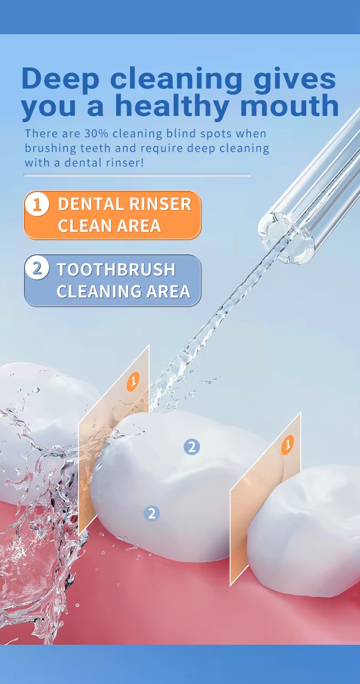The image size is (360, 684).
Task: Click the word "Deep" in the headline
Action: [x=61, y=78]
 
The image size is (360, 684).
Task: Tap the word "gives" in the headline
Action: [x=295, y=80]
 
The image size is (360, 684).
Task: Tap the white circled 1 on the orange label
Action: [x=37, y=204]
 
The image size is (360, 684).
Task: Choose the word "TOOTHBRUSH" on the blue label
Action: [x=116, y=269]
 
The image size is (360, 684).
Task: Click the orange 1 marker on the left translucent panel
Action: [x=134, y=381]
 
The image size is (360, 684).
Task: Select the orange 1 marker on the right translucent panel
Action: [x=288, y=445]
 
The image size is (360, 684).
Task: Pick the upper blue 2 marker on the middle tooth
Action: [x=192, y=447]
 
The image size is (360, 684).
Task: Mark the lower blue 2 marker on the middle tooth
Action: [x=152, y=513]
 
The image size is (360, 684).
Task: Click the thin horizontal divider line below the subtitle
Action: [x=137, y=175]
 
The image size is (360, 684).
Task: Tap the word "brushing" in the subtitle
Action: [x=50, y=149]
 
